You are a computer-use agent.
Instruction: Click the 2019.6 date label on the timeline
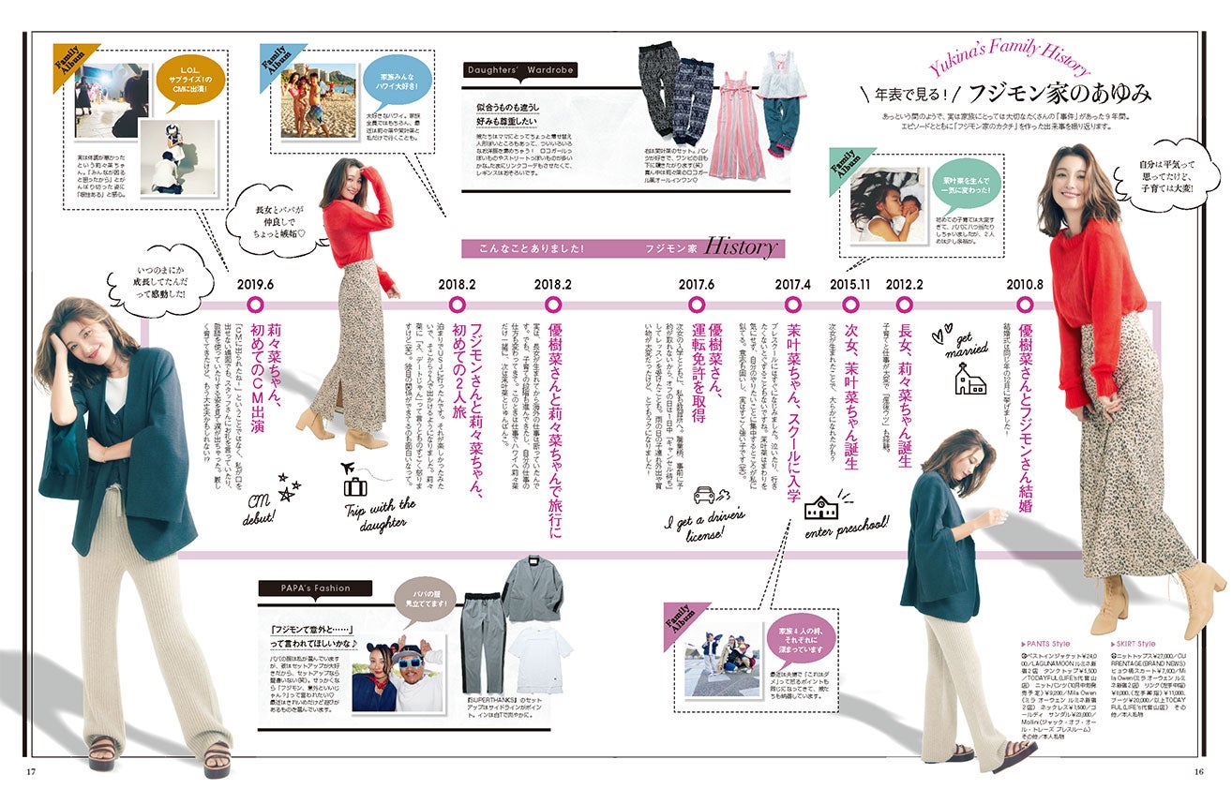(255, 284)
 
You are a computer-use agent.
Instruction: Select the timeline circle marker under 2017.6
(697, 305)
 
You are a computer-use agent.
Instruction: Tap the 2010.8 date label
(1025, 284)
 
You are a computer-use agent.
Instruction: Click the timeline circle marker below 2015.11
(851, 305)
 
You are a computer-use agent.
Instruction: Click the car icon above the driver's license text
(705, 495)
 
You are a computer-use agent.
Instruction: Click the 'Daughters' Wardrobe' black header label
(520, 70)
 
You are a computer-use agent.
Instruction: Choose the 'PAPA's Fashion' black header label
(315, 588)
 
